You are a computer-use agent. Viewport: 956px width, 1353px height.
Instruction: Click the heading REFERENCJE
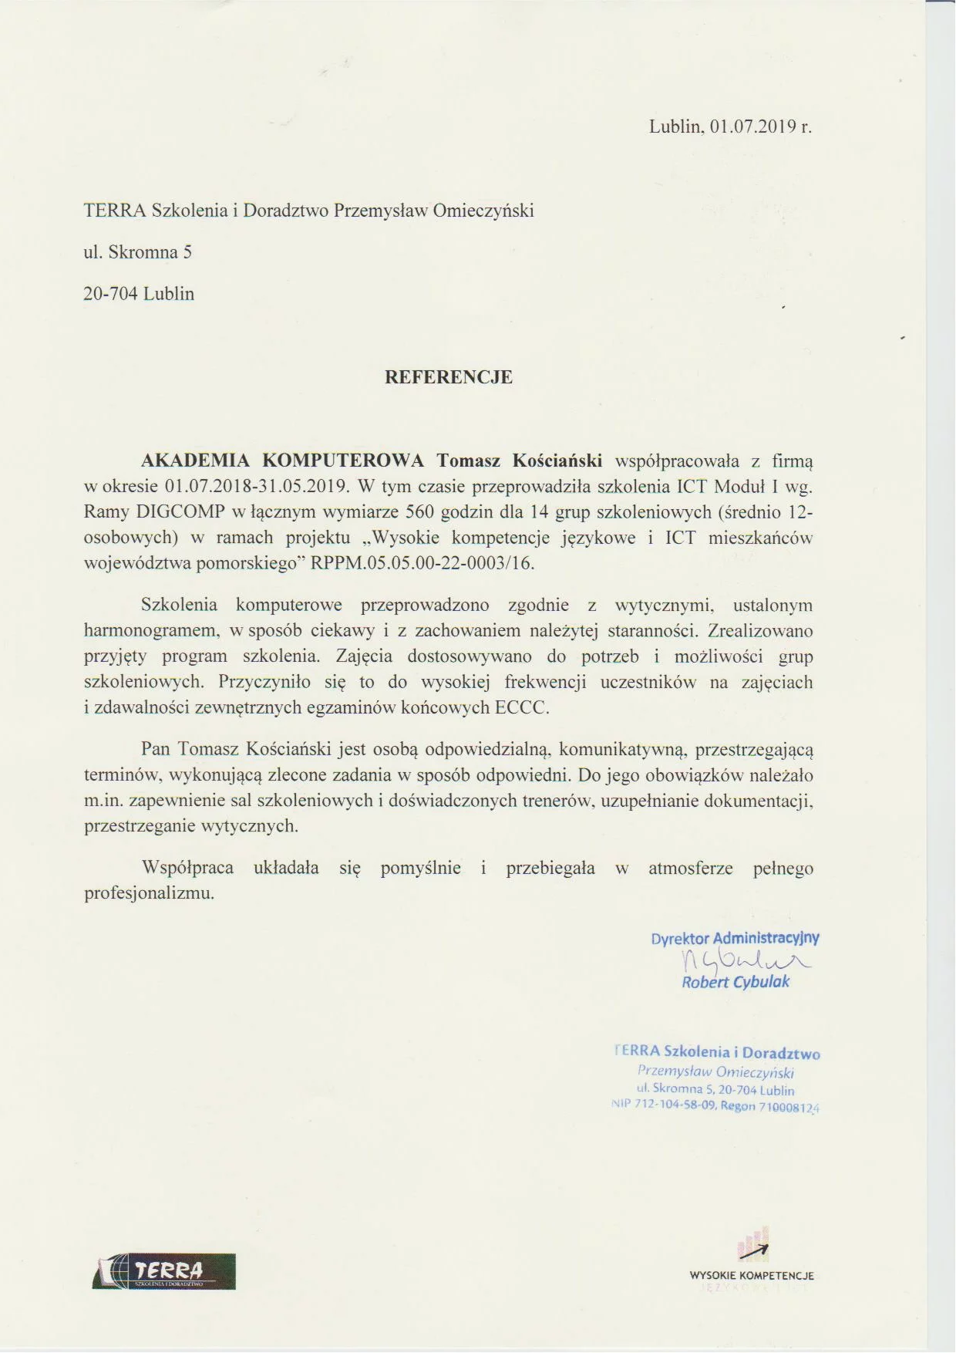pos(449,377)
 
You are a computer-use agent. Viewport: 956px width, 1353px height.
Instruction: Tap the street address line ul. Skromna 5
pos(138,252)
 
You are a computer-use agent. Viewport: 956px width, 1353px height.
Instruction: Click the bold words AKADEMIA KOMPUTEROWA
pos(283,461)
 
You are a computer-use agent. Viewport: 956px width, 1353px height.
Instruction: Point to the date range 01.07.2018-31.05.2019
pos(258,487)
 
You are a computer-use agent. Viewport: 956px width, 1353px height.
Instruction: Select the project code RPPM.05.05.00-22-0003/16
pos(422,563)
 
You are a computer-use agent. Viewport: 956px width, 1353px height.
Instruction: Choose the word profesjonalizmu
pos(149,894)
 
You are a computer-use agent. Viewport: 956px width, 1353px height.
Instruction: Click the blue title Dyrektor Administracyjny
pos(735,939)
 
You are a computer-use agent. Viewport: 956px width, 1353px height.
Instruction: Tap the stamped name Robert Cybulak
pos(736,982)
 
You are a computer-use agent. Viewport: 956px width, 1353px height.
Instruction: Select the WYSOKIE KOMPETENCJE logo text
pos(752,1276)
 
